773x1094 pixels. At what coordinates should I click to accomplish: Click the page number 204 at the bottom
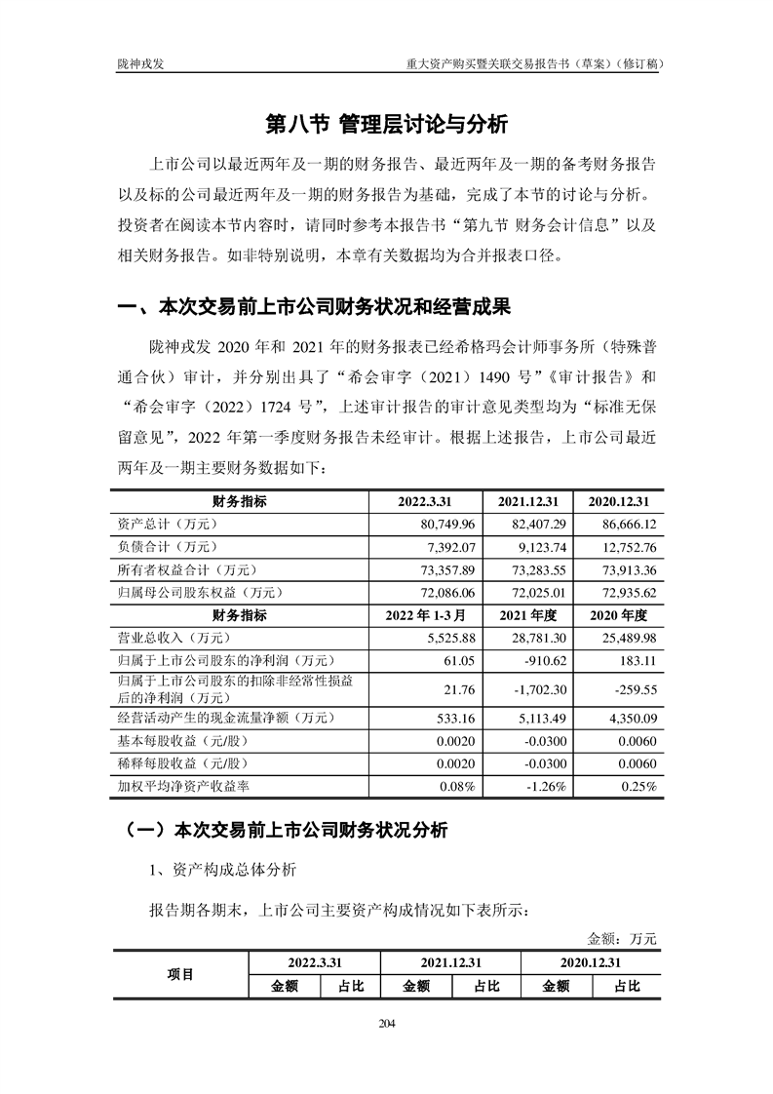click(x=386, y=1023)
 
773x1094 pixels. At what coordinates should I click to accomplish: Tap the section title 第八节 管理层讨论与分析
click(x=387, y=125)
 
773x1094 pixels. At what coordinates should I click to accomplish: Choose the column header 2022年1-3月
click(x=426, y=614)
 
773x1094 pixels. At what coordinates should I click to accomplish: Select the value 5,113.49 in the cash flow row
click(x=531, y=718)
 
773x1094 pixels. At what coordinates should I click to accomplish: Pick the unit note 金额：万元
click(x=623, y=938)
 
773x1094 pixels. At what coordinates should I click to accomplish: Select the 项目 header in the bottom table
click(x=180, y=973)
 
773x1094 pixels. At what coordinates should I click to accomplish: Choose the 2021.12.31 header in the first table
click(x=527, y=501)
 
